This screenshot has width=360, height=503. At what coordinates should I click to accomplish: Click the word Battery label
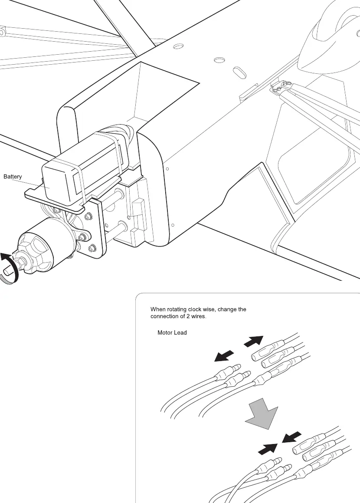click(x=13, y=177)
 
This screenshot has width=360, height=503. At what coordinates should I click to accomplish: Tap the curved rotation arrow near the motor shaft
click(x=9, y=268)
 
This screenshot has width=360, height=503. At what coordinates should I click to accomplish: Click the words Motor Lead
click(x=172, y=333)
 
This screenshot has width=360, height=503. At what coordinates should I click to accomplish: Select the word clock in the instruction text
click(x=195, y=309)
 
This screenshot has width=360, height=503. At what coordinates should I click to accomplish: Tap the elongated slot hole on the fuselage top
click(x=239, y=73)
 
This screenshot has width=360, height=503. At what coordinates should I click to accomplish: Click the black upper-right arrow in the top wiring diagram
click(x=254, y=341)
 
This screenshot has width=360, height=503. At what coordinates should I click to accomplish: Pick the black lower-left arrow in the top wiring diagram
click(x=224, y=356)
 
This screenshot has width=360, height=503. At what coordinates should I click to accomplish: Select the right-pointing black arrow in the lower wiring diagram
click(x=268, y=449)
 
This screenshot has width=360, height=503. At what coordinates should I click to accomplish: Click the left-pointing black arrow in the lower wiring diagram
click(x=292, y=437)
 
